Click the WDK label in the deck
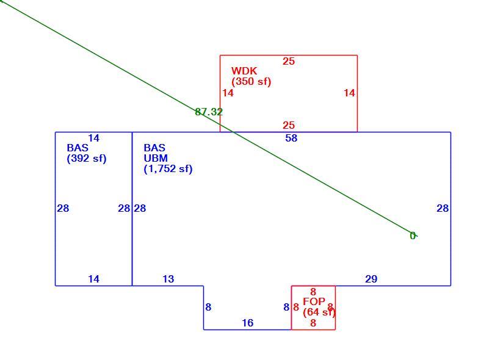click(244, 71)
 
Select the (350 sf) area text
click(251, 82)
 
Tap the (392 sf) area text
click(87, 159)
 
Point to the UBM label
click(156, 158)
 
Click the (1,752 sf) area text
click(168, 169)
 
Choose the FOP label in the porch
click(314, 301)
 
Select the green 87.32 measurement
click(209, 112)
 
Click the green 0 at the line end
click(413, 236)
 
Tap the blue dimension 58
click(291, 139)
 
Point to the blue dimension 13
click(168, 279)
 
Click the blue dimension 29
click(371, 279)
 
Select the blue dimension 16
click(248, 323)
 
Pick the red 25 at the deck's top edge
click(289, 62)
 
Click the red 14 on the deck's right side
click(349, 93)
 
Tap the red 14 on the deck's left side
click(228, 93)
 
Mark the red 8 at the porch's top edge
click(313, 292)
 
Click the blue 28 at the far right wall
click(443, 209)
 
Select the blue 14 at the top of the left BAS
click(93, 139)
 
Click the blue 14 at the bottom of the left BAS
click(93, 279)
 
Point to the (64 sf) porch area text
click(319, 312)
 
